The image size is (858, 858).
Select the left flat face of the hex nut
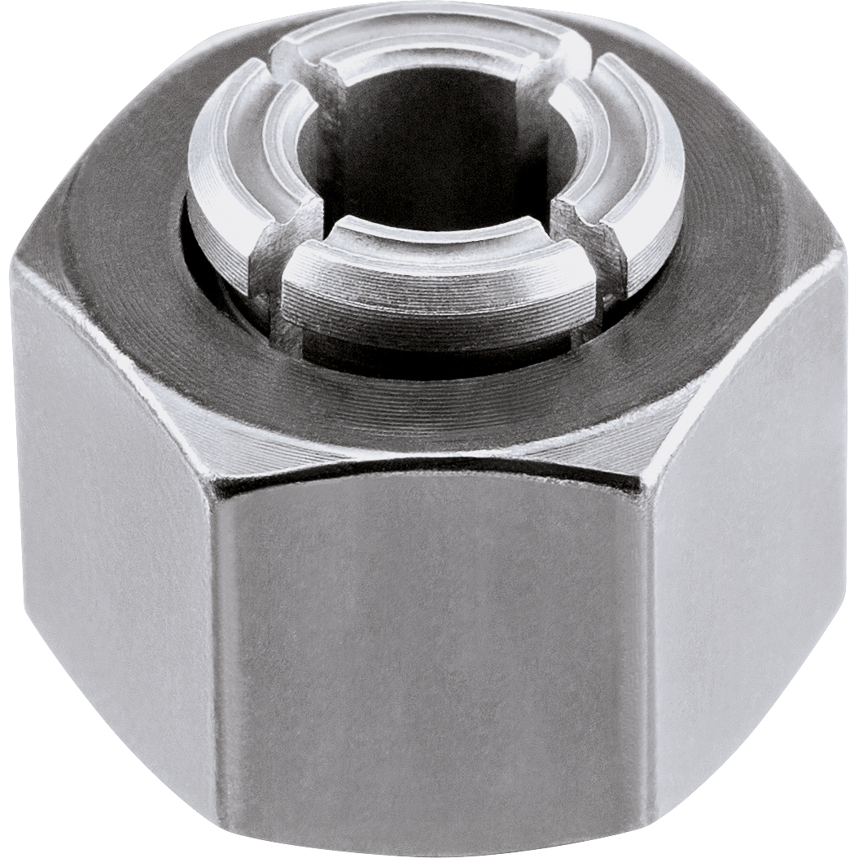click(106, 521)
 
